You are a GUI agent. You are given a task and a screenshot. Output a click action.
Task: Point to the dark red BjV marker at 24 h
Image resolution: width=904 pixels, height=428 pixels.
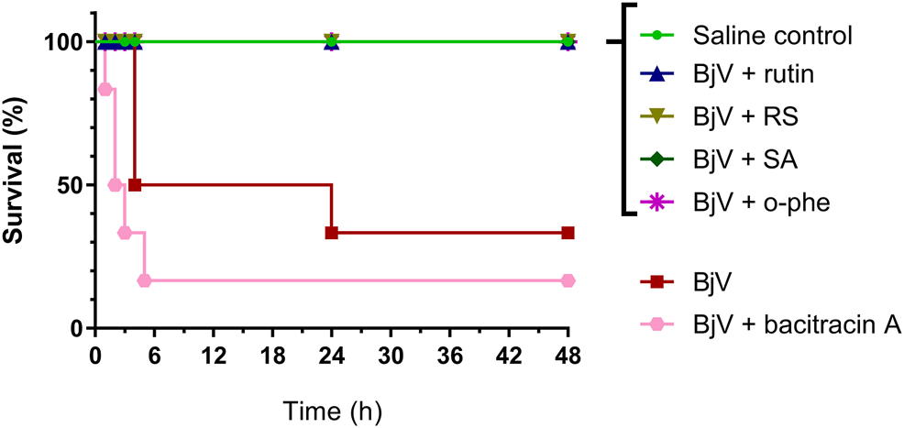point(332,233)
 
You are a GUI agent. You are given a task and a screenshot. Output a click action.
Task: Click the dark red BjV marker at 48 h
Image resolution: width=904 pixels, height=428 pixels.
point(568,233)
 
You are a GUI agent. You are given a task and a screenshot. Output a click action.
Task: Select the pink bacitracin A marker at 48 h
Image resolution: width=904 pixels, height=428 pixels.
point(568,280)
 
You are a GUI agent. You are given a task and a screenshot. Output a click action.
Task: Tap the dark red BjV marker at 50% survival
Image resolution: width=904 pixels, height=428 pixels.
point(135,184)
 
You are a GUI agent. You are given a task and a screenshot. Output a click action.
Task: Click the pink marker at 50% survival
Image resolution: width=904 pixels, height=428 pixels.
point(115,184)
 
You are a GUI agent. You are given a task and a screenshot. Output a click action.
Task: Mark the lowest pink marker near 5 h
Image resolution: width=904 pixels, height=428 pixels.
point(144,280)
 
